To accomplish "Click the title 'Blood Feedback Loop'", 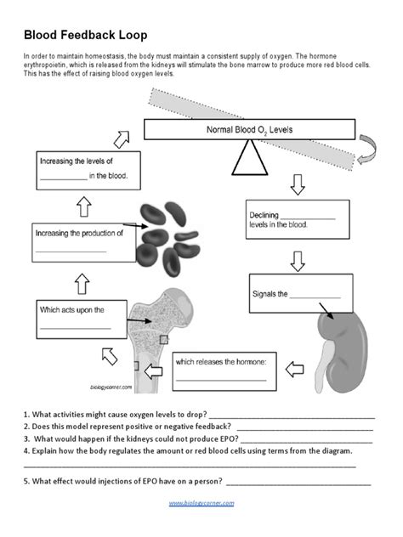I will coord(85,35).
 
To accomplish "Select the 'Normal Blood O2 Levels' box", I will coord(247,130).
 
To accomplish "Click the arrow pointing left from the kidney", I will coord(294,369).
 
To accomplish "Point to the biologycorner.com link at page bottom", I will coord(201,504).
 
